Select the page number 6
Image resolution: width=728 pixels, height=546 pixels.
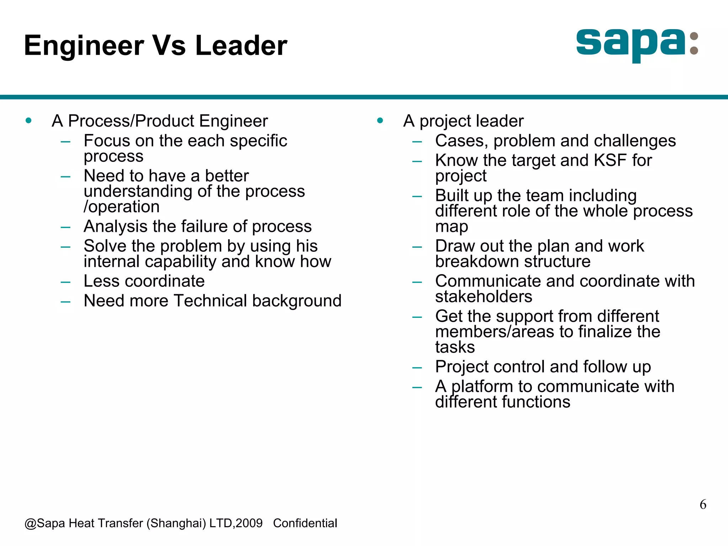coord(703,504)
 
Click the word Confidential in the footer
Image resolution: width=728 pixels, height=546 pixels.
coord(305,523)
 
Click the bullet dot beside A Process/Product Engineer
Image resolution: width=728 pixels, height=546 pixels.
coord(28,121)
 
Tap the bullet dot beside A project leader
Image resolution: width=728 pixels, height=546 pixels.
coord(380,121)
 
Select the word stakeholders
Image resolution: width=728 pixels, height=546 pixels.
coord(483,296)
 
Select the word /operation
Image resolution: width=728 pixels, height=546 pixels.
coord(122,207)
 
